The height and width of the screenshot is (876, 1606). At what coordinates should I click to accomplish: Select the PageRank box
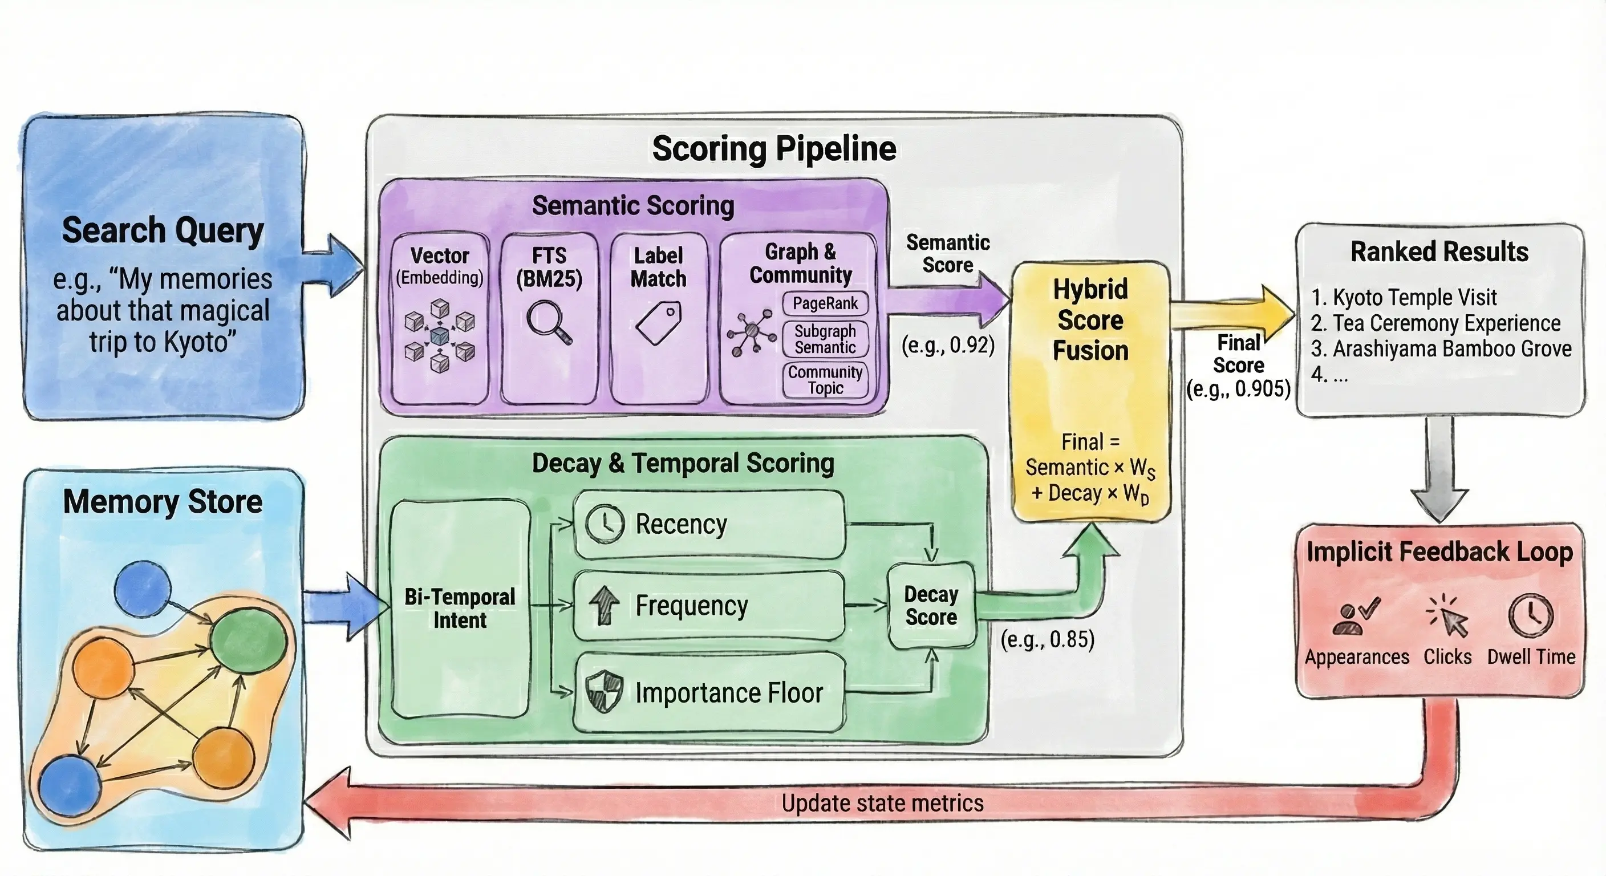(825, 303)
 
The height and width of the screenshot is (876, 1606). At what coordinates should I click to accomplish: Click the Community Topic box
(825, 380)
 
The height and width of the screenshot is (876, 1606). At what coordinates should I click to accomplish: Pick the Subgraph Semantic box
(825, 339)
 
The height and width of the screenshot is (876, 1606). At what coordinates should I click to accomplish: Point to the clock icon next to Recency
(604, 524)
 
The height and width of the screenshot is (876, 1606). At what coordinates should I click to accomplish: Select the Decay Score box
(931, 606)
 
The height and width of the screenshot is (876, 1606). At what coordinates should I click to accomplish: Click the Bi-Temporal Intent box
(460, 609)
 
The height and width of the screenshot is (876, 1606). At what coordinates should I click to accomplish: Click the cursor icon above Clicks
(1447, 617)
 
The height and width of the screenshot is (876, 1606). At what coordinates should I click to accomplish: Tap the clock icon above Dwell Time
(1531, 616)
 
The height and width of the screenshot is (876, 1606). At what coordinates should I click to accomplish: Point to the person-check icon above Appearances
(1356, 617)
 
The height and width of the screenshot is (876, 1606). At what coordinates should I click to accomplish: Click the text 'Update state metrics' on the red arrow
(882, 803)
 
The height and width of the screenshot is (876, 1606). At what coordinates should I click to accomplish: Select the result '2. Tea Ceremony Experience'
(1435, 323)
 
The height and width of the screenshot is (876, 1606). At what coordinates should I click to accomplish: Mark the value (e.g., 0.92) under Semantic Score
(948, 345)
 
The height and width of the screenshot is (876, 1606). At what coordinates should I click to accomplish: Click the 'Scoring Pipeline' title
(774, 149)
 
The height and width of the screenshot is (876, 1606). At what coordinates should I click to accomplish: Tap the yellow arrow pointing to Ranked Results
(1228, 312)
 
